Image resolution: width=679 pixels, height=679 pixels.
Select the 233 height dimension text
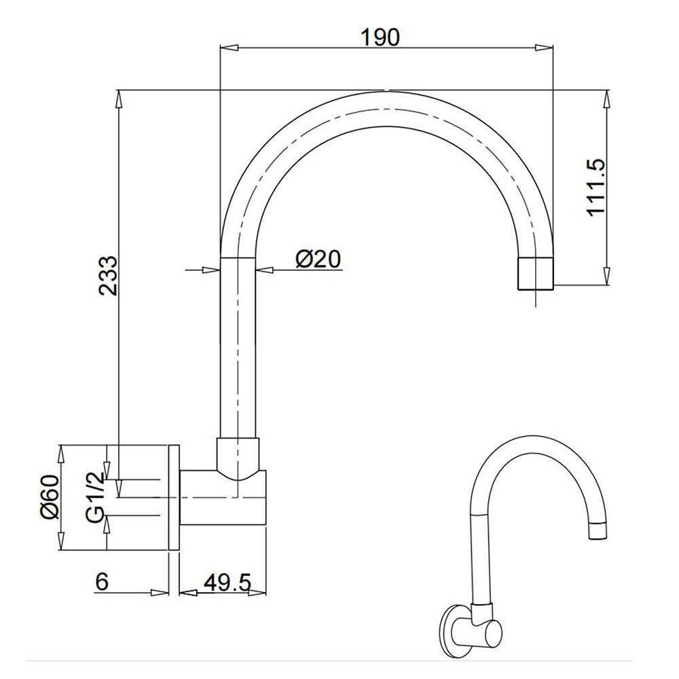click(109, 275)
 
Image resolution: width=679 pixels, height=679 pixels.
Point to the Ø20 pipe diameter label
click(318, 259)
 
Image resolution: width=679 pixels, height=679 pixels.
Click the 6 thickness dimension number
click(103, 582)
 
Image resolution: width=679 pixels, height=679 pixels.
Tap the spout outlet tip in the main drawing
click(536, 274)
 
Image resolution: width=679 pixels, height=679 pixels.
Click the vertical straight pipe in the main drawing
click(239, 346)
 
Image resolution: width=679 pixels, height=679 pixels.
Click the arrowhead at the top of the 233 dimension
click(120, 98)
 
